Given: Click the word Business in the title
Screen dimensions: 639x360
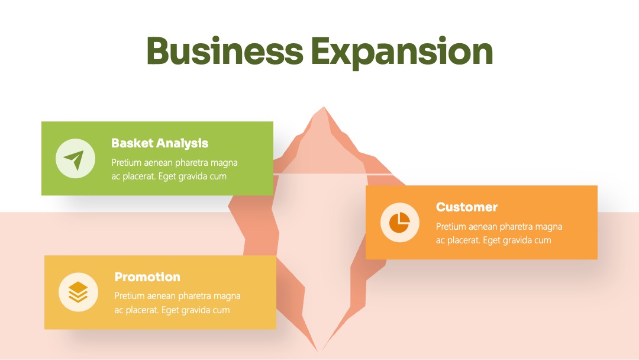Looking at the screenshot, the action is coord(225,51).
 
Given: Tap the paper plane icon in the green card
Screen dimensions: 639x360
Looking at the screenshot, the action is coord(74,159).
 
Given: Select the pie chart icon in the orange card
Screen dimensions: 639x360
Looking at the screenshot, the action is coord(399,222).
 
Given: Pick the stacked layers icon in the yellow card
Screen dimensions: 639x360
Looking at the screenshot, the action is coord(78,292).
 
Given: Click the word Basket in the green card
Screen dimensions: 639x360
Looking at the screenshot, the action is coord(132,143).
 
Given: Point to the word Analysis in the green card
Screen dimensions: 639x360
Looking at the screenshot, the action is coord(182,143).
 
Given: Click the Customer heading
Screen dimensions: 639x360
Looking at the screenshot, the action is coord(467,207).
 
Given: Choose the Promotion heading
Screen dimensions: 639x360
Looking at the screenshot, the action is coord(147,277).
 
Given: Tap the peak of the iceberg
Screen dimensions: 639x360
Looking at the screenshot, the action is coord(324,107).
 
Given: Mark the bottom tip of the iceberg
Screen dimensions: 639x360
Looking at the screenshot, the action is coord(318,351).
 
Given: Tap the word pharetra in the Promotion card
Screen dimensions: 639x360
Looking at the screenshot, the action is coord(195,296).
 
